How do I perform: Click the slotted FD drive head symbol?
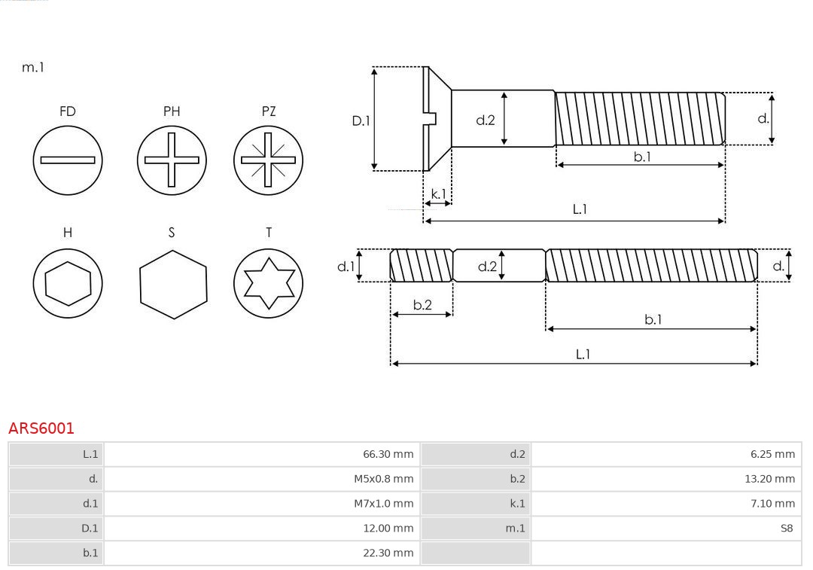point(68,160)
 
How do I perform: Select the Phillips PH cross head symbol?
point(172,160)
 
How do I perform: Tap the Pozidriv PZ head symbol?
point(268,160)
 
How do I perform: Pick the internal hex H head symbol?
point(68,283)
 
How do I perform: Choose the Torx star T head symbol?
point(268,283)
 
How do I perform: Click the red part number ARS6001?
point(41,428)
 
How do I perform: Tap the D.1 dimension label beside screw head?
point(361,120)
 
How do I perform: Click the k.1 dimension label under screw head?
point(437,194)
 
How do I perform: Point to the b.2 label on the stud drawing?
point(422,305)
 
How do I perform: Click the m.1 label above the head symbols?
point(33,67)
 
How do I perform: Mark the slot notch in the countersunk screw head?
point(431,118)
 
